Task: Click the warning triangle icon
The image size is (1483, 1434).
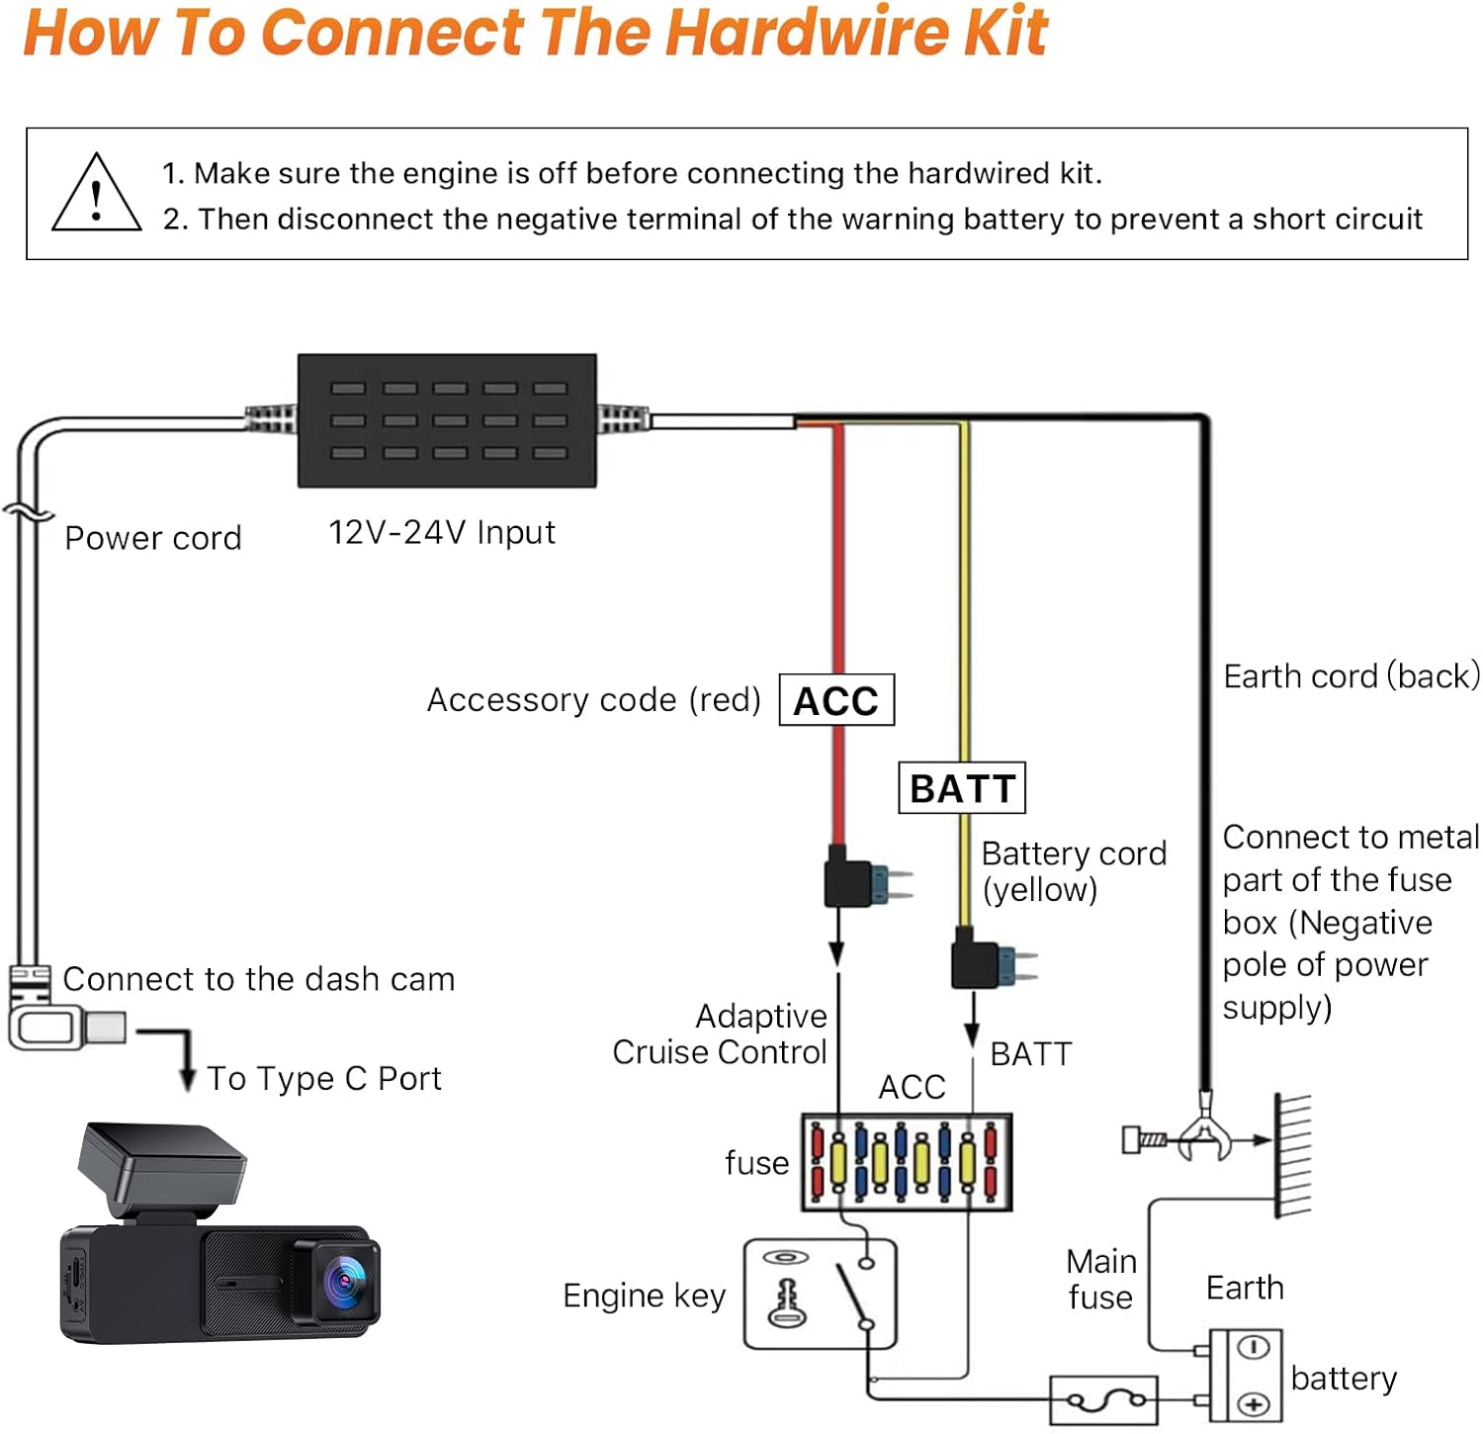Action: pos(96,195)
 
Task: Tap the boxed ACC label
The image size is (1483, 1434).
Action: pos(836,700)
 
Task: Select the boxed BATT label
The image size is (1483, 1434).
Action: pos(961,788)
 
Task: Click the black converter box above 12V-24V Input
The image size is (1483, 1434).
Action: pos(447,420)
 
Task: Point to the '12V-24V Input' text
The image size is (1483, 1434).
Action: pos(441,533)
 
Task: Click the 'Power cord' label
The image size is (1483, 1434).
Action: pos(153,538)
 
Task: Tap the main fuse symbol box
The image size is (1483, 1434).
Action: pos(1102,1400)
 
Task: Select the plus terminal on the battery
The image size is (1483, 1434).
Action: pos(1254,1404)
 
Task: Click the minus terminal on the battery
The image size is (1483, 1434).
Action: pos(1254,1348)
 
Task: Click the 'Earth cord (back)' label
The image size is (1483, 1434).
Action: pos(1351,676)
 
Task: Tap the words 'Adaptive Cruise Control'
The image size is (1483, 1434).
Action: pos(720,1034)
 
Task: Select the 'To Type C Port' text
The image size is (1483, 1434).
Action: pos(323,1078)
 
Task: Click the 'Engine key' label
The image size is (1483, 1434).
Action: pos(644,1296)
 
